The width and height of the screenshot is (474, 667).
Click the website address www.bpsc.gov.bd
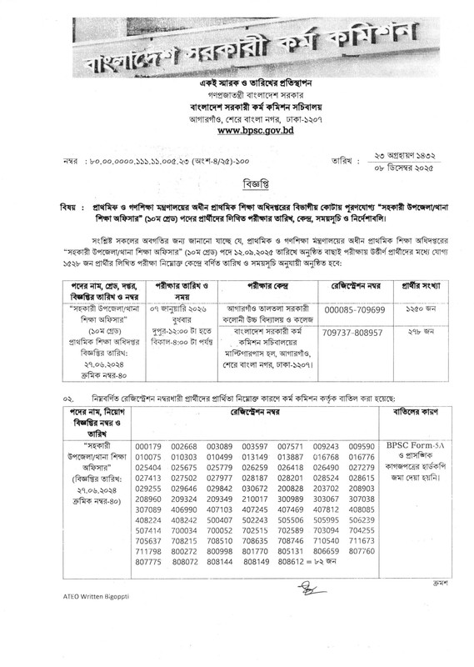[237, 131]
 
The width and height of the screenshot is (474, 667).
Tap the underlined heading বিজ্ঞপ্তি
[237, 180]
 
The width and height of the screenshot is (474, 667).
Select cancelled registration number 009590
[362, 446]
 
